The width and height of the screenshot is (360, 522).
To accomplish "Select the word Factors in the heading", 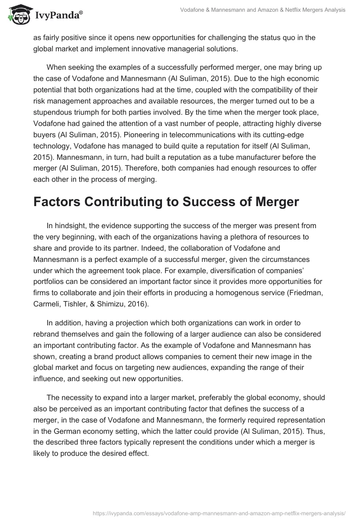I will (62, 202).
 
